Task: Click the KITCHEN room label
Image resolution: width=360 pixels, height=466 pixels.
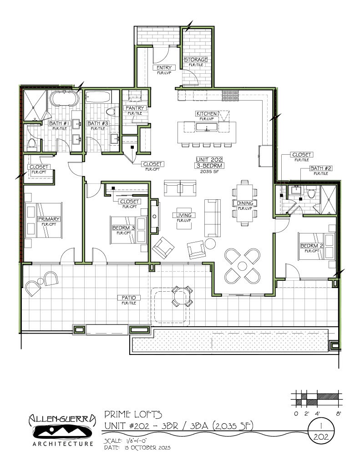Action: [207, 113]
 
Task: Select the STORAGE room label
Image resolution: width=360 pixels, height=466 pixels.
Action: [196, 60]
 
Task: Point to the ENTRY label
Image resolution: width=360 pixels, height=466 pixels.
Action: [163, 68]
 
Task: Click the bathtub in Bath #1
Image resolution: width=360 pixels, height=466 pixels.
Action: [63, 98]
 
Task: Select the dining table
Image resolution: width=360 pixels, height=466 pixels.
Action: [245, 202]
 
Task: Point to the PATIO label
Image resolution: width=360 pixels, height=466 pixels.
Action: [128, 298]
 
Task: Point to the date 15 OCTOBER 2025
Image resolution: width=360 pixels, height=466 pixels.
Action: [147, 448]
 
